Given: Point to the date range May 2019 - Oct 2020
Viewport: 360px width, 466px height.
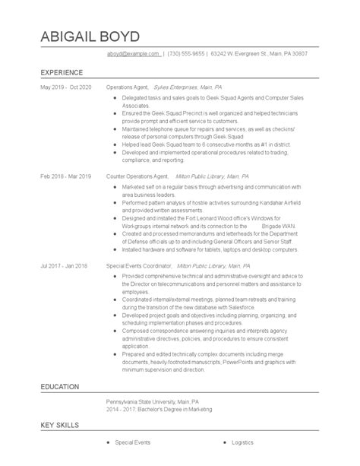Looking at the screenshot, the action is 65,88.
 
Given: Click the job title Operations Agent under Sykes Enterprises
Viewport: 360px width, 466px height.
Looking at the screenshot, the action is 126,88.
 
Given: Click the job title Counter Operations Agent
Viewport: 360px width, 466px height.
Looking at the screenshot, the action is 137,176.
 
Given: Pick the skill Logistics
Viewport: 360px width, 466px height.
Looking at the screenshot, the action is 244,442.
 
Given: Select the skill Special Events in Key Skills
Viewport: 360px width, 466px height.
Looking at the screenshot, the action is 132,442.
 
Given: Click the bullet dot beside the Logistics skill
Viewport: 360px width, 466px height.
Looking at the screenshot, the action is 226,442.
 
